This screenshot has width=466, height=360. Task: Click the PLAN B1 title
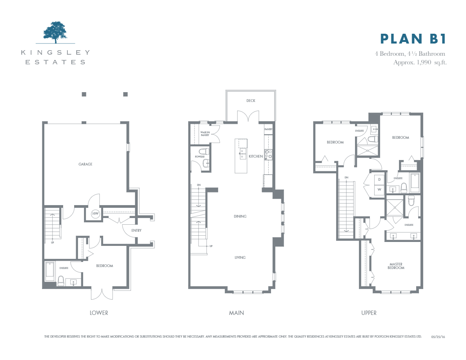(413, 39)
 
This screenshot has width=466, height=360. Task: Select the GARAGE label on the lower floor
(85, 164)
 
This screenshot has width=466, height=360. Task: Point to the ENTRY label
(137, 231)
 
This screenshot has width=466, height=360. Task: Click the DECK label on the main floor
(251, 101)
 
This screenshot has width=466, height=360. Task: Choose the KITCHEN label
(256, 156)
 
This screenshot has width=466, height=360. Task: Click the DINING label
(240, 216)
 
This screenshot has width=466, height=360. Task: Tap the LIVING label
(240, 258)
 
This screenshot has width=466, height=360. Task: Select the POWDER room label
(200, 157)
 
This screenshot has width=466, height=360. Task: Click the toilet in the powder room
(204, 151)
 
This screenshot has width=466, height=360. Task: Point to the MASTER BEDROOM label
(396, 266)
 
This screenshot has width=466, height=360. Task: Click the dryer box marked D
(379, 180)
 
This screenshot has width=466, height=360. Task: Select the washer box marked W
(379, 189)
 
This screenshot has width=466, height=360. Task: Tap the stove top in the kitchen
(268, 155)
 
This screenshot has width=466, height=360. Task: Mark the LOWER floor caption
(99, 313)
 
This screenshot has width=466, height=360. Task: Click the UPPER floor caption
(369, 313)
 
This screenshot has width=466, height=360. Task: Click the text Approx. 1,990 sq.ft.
(420, 62)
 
